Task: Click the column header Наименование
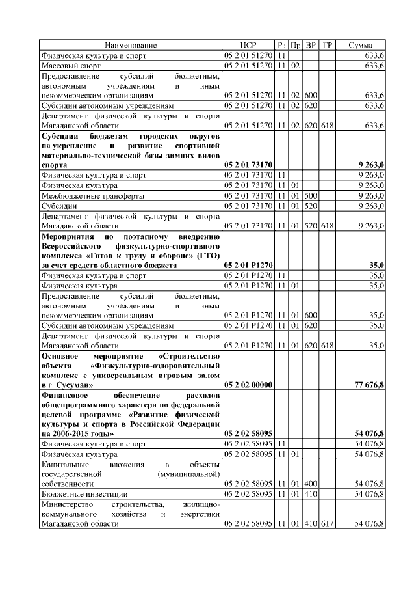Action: (x=131, y=45)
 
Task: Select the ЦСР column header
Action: (x=248, y=45)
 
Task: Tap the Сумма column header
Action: (x=360, y=45)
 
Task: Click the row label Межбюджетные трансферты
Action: (x=92, y=195)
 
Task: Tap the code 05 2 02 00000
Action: (x=248, y=385)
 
